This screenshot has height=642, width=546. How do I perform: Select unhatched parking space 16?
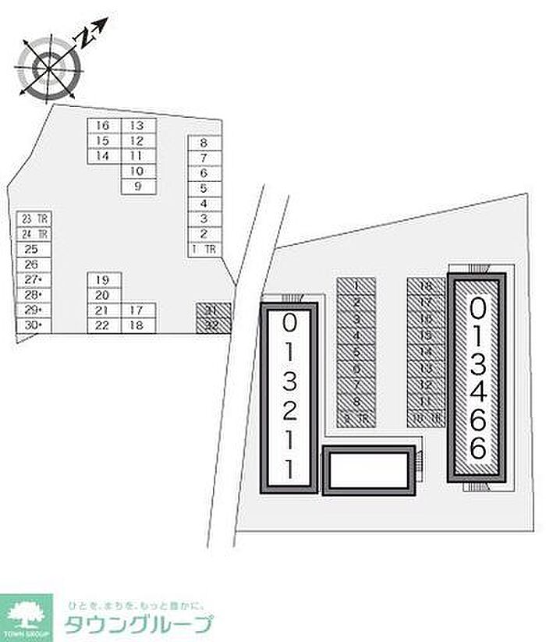click(x=103, y=126)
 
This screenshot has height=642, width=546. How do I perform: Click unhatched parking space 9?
click(x=138, y=186)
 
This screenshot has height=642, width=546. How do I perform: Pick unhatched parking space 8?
click(x=204, y=143)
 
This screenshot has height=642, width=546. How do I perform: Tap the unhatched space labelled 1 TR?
click(x=204, y=250)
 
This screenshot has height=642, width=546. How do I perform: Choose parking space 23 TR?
click(x=34, y=219)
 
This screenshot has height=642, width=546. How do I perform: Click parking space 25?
click(x=34, y=250)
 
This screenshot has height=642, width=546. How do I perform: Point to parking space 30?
click(x=34, y=325)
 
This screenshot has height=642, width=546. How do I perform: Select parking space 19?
click(x=103, y=279)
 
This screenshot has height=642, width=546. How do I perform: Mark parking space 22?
click(x=103, y=325)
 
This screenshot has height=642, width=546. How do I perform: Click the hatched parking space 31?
click(x=212, y=310)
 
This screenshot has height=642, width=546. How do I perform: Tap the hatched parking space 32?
click(x=212, y=325)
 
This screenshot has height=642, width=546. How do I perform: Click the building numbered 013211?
click(x=289, y=398)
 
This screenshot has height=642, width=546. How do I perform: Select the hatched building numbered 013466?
click(x=478, y=377)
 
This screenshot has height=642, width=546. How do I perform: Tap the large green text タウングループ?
click(x=138, y=625)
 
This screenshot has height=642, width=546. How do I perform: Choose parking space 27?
click(x=34, y=279)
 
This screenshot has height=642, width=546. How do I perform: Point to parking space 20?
click(x=103, y=295)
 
